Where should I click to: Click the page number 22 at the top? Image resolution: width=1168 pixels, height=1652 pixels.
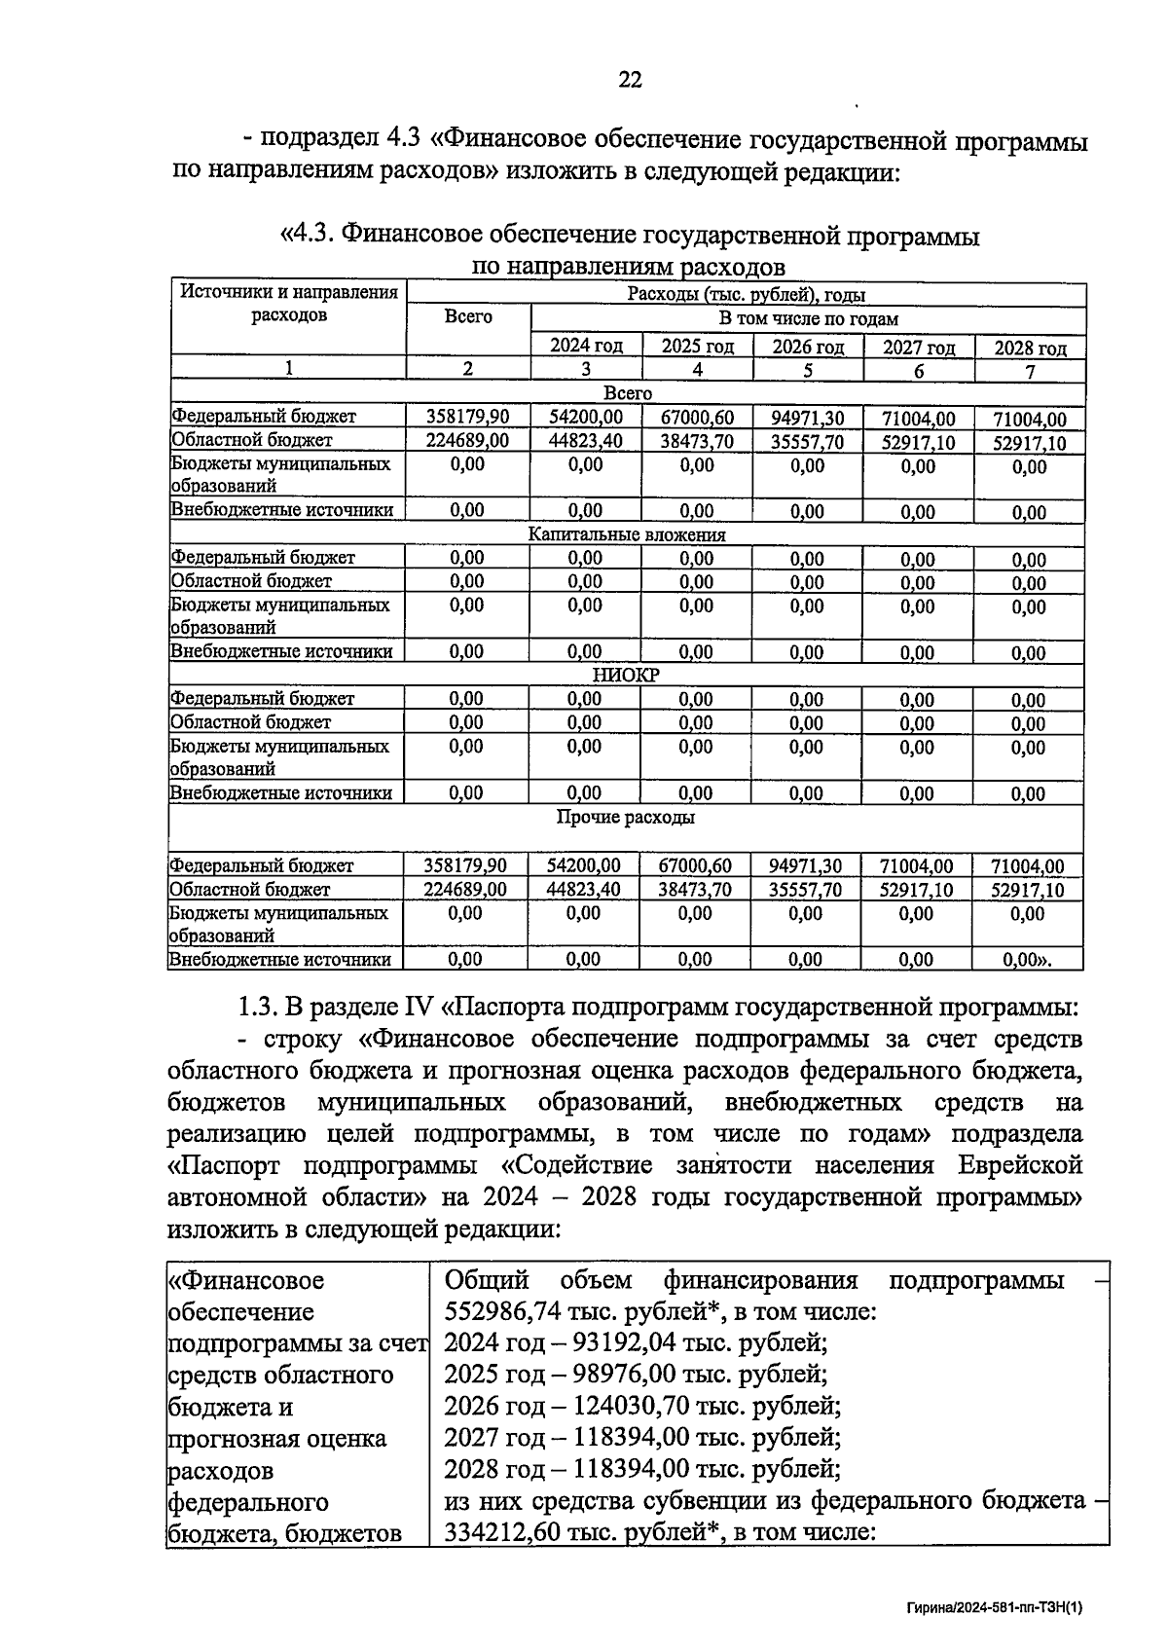tap(630, 81)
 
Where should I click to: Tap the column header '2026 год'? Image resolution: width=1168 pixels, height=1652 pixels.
tap(808, 347)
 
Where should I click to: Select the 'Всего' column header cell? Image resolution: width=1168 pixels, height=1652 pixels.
tap(468, 317)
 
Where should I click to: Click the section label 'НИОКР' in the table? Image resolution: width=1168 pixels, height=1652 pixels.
tap(626, 675)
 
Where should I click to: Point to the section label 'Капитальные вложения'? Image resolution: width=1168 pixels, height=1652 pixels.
tap(626, 534)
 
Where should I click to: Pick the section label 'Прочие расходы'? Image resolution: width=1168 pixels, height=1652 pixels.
tap(625, 818)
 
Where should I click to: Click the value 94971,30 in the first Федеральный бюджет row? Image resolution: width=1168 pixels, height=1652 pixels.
tap(808, 419)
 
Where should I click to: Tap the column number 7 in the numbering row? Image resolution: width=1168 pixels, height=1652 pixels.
tap(1030, 371)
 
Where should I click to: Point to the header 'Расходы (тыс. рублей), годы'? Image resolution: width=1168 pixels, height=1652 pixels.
tap(747, 295)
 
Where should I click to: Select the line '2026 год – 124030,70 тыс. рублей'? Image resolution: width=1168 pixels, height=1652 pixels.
tap(642, 1406)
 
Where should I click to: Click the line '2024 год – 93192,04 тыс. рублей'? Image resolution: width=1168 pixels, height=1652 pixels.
tap(636, 1343)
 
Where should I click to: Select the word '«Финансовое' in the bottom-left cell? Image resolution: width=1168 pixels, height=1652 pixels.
tap(246, 1280)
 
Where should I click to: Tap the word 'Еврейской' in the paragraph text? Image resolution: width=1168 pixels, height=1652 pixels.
tap(1020, 1165)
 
